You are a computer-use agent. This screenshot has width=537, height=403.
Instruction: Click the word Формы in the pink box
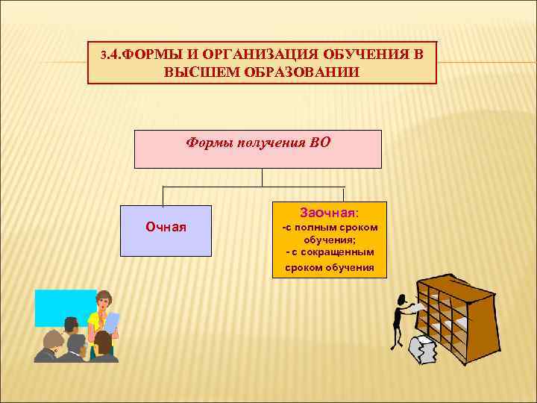209,143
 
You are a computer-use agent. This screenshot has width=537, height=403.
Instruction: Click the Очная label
166,227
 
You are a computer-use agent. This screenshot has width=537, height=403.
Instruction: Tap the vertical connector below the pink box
263,177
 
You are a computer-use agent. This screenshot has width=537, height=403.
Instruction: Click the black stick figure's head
403,300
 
